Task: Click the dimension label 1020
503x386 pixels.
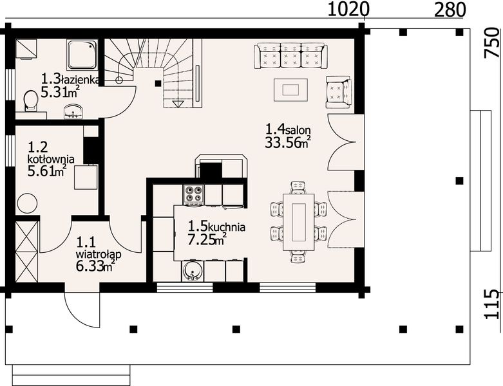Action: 348,9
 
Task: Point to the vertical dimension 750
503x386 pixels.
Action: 492,44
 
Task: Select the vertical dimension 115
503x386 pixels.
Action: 492,304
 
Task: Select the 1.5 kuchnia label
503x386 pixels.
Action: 216,226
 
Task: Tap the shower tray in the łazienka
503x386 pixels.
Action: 82,55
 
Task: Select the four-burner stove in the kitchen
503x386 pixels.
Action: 194,194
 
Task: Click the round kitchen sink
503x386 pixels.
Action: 191,272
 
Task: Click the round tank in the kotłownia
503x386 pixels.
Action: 27,204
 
